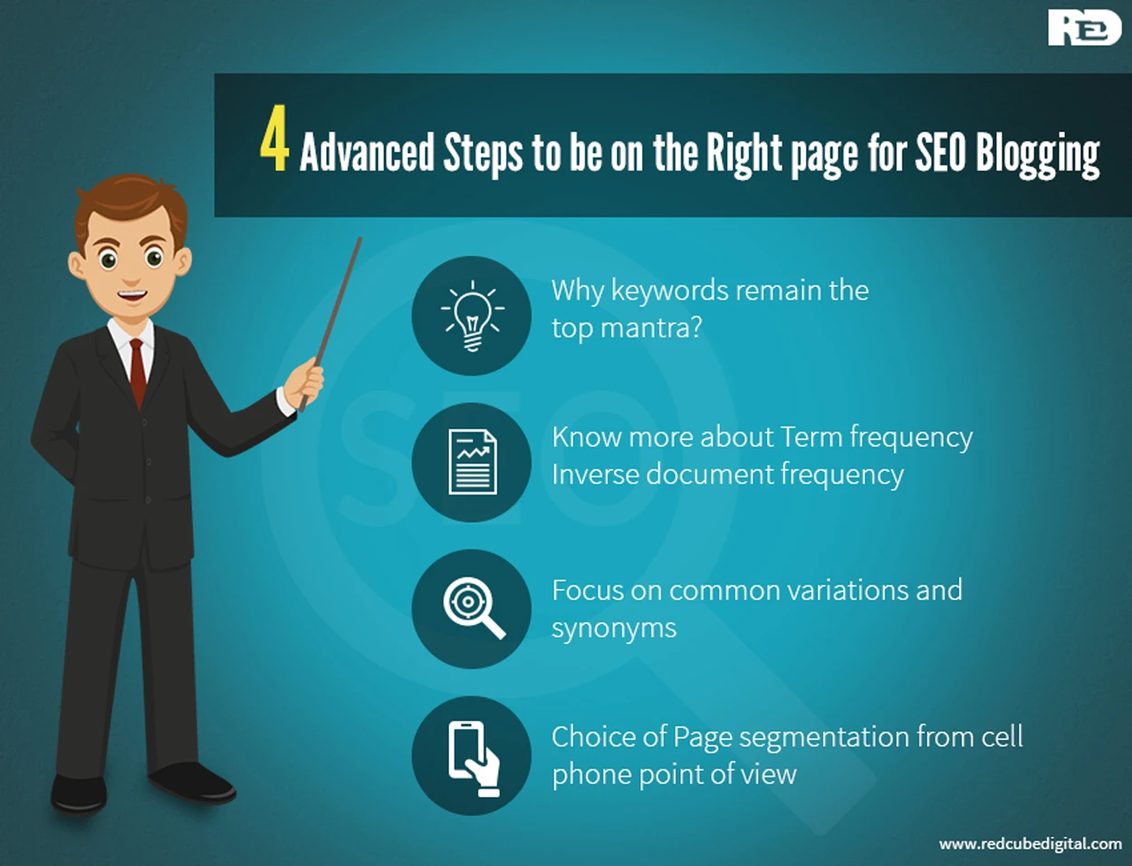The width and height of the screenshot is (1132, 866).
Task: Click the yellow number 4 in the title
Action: click(x=274, y=139)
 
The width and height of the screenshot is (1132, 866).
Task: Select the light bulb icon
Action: click(x=472, y=315)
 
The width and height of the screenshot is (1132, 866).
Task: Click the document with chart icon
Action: click(x=473, y=462)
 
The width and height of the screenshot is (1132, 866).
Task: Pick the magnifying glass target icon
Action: click(x=474, y=609)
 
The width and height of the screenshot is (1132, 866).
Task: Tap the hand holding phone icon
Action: click(x=474, y=759)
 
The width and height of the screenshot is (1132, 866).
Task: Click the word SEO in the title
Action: click(x=940, y=153)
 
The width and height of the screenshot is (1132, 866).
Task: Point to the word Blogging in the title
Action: click(x=1038, y=156)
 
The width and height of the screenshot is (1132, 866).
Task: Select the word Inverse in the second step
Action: click(x=595, y=474)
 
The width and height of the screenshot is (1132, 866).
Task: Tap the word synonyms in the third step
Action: click(x=614, y=630)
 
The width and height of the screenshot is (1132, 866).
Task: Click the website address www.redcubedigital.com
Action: click(x=1030, y=844)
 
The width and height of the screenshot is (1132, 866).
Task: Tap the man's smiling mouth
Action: click(x=131, y=295)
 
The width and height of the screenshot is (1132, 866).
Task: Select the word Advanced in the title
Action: click(x=367, y=153)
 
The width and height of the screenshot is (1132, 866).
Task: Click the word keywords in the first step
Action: click(x=670, y=291)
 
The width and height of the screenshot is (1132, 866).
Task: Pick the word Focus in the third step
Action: click(x=588, y=590)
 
